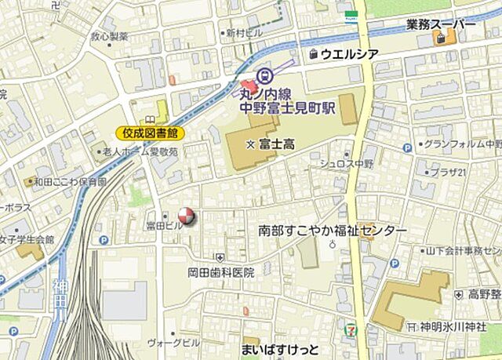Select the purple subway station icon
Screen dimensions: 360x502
click(263, 77)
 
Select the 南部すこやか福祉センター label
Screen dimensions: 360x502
click(333, 232)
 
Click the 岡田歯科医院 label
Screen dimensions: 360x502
click(221, 273)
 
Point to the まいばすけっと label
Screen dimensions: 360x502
click(280, 348)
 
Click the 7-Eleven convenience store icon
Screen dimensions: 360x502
click(347, 329)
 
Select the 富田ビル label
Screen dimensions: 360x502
click(164, 225)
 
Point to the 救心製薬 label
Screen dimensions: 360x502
click(108, 36)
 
